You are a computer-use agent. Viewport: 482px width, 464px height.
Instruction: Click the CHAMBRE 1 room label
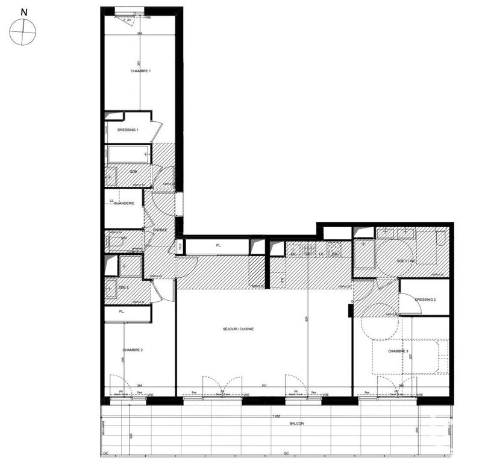[x=140, y=71]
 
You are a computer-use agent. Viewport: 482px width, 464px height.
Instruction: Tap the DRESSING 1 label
[x=128, y=130]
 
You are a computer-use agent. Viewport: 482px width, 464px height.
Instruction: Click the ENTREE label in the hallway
[x=160, y=230]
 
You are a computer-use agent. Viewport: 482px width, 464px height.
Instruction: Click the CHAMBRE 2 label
[x=133, y=350]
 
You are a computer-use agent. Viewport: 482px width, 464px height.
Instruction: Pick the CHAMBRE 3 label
[x=398, y=351]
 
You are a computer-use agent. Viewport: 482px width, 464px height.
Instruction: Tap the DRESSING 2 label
[x=425, y=299]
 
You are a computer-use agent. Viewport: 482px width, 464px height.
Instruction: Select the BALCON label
[x=296, y=424]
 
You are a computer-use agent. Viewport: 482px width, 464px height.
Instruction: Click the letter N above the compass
[x=23, y=12]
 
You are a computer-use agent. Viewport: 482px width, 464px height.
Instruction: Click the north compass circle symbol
[x=23, y=30]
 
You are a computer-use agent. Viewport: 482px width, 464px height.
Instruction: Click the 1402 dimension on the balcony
[x=276, y=418]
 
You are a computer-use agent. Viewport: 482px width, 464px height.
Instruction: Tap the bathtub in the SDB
[x=128, y=155]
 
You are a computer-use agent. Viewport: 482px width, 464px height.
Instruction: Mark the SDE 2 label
[x=124, y=287]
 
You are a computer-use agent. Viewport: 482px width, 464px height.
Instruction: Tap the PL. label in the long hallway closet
[x=219, y=246]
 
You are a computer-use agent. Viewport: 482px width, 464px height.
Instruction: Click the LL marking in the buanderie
[x=111, y=201]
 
